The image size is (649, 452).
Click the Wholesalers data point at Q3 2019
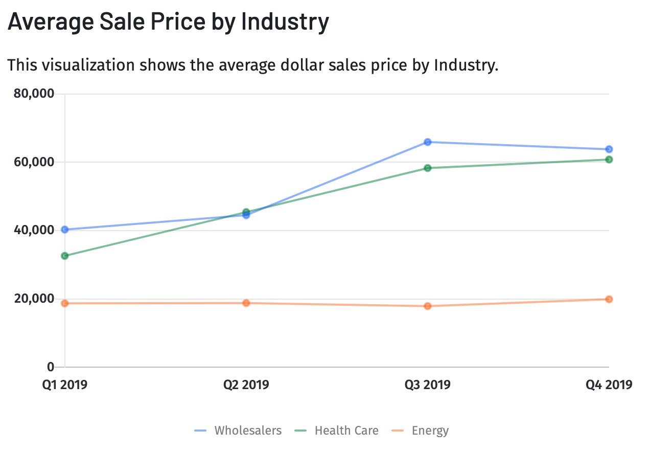click(428, 142)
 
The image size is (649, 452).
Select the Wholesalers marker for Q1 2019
click(65, 230)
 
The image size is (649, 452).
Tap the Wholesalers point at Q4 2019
click(609, 149)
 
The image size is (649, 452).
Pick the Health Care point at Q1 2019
click(65, 256)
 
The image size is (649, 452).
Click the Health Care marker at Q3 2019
click(428, 168)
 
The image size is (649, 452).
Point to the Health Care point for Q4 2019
click(609, 160)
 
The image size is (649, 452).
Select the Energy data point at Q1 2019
click(65, 303)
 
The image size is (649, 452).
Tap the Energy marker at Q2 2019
click(246, 303)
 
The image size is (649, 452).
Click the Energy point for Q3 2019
click(428, 306)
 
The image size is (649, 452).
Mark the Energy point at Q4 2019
click(609, 299)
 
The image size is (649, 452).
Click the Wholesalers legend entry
click(238, 431)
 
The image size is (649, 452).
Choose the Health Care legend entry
click(337, 431)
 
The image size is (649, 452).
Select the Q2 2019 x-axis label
click(246, 385)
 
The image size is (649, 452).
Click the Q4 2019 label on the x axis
click(609, 385)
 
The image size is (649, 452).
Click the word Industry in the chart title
click(285, 22)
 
